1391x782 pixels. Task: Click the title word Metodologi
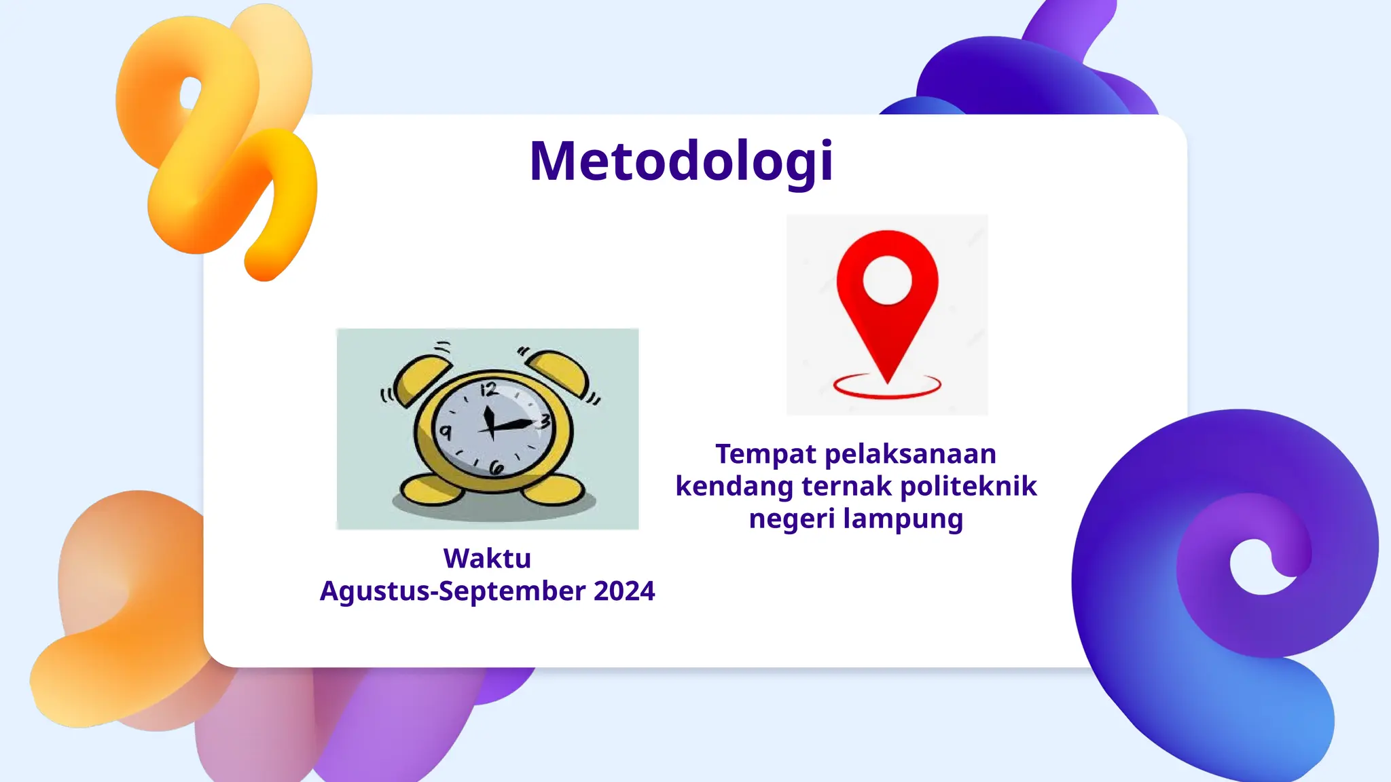(x=681, y=162)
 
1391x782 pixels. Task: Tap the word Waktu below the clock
(x=487, y=559)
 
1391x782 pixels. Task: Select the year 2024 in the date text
(x=624, y=591)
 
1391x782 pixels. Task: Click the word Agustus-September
(x=453, y=591)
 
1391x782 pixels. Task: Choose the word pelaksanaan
(x=910, y=454)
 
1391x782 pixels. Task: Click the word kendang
(x=734, y=487)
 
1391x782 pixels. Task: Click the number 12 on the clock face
(x=489, y=390)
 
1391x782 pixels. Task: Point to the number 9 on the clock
(x=446, y=432)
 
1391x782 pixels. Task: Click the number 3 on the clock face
(x=544, y=422)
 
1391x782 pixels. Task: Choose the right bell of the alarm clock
(x=558, y=372)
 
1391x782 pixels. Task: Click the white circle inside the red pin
(x=887, y=280)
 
